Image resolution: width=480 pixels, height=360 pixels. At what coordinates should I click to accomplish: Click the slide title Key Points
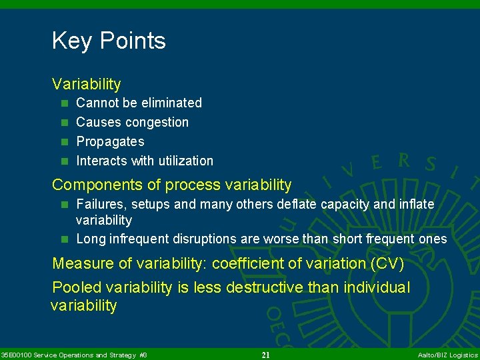tap(109, 41)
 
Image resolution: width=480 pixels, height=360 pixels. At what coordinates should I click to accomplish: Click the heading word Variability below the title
tap(87, 84)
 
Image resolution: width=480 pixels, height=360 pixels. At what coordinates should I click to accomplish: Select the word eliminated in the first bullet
tap(170, 103)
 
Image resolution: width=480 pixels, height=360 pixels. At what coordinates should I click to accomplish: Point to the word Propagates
tap(110, 141)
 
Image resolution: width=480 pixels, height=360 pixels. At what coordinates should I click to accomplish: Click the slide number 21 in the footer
tap(265, 355)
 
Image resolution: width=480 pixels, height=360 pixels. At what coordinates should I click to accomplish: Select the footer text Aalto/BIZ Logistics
tap(447, 355)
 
